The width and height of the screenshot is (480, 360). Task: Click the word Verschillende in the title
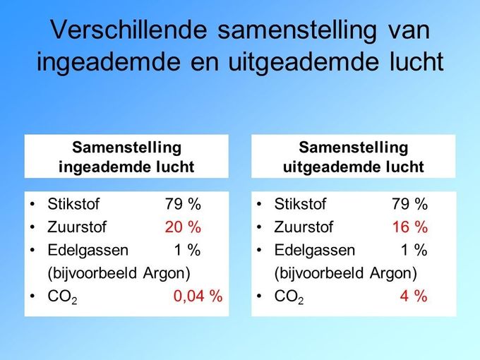(128, 30)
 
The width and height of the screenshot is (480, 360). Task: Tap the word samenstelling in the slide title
(297, 30)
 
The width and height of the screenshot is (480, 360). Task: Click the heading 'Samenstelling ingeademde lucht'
(126, 157)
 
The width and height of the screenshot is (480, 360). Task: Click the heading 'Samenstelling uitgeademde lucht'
(354, 157)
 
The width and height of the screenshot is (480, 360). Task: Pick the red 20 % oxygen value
(183, 227)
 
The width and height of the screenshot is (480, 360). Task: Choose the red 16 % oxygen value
(410, 227)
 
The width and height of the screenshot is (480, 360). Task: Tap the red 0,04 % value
(198, 296)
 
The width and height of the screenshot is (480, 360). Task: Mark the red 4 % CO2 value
(414, 296)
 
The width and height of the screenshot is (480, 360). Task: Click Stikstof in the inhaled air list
(73, 204)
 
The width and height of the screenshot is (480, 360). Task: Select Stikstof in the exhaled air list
(300, 204)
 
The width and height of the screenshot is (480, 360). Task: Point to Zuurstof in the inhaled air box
(77, 227)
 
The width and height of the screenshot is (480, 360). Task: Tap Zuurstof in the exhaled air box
(304, 227)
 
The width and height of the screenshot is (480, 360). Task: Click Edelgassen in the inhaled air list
(88, 251)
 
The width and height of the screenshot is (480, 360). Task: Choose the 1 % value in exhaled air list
(414, 250)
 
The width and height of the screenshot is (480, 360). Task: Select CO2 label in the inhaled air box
(62, 297)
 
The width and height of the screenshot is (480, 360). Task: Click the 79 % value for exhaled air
(410, 204)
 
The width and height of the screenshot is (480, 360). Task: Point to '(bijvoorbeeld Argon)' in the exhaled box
(346, 273)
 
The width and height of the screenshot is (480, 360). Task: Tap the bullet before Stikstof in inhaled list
(32, 204)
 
